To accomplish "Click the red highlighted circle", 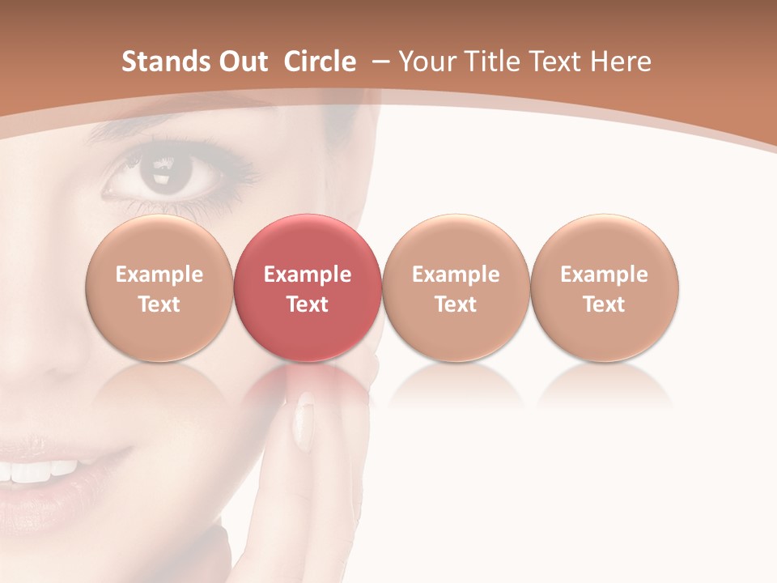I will (x=308, y=287).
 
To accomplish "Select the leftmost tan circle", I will (x=159, y=287).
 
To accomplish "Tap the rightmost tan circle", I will (x=605, y=287).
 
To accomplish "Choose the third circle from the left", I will (x=456, y=287).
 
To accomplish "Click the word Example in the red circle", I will (x=308, y=274).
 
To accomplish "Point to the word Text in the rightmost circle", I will (x=605, y=304).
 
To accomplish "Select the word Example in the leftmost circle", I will (x=159, y=274).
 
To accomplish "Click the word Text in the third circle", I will (x=456, y=304).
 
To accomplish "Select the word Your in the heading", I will (x=419, y=62).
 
